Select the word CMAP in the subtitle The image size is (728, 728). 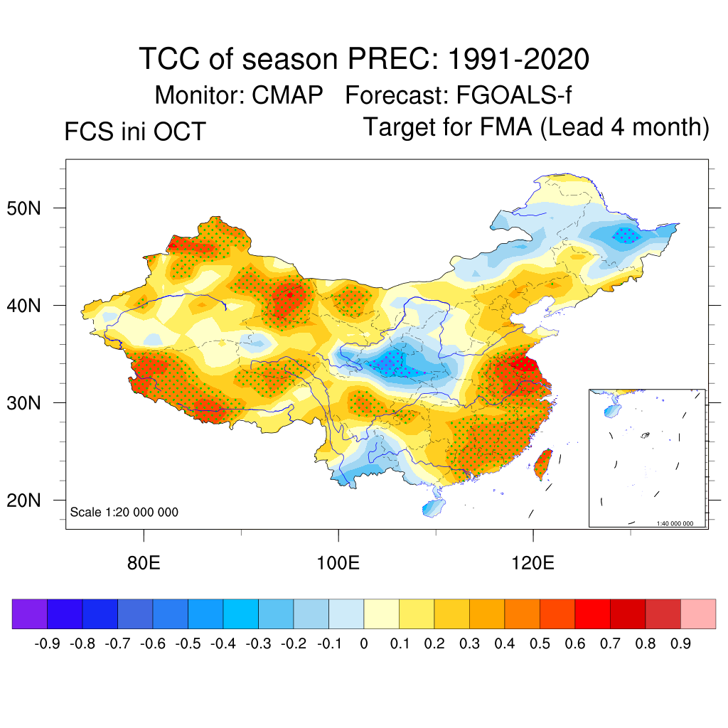(x=288, y=95)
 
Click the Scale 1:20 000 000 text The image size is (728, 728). (x=124, y=513)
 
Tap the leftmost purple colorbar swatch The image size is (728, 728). (x=30, y=614)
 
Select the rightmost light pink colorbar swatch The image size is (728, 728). (x=698, y=614)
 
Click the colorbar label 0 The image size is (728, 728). (x=364, y=644)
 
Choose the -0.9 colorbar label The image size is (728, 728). (x=47, y=644)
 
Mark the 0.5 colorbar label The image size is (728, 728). (x=540, y=644)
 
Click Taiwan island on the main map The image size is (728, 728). (x=543, y=463)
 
